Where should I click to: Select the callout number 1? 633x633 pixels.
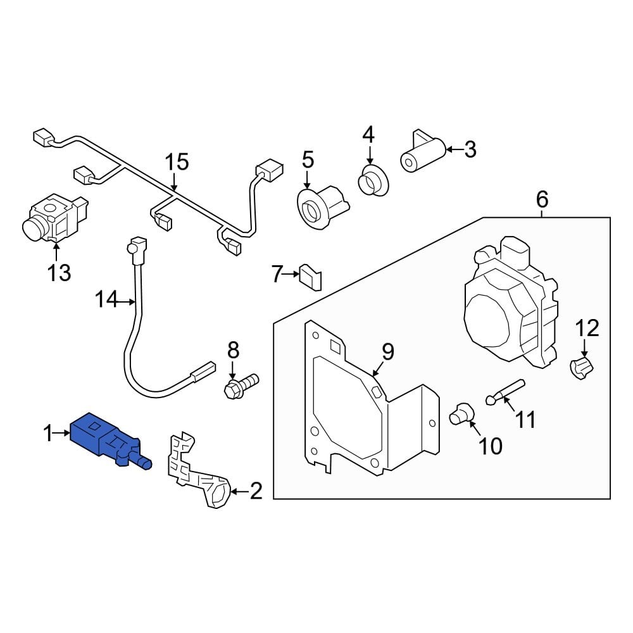click(47, 434)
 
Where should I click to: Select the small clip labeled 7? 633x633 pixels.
click(311, 277)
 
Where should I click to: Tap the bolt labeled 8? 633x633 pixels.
click(241, 385)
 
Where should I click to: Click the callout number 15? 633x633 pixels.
click(177, 162)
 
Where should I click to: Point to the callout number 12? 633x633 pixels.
click(587, 328)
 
